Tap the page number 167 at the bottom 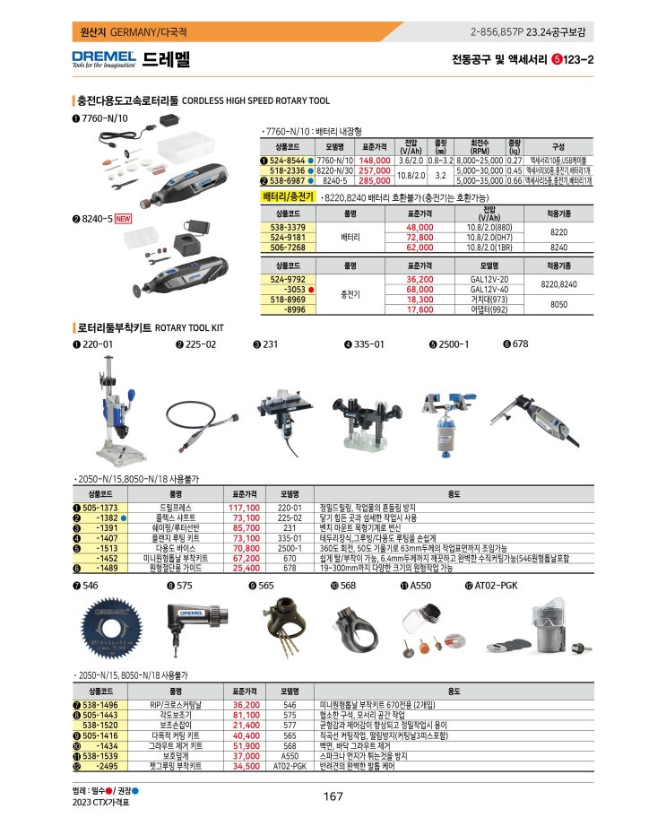333,796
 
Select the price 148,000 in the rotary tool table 376,160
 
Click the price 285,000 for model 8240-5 376,180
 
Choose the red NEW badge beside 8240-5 123,218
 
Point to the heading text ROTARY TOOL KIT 189,328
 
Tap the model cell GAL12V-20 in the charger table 489,279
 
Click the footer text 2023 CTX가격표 100,803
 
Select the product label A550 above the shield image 421,586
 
